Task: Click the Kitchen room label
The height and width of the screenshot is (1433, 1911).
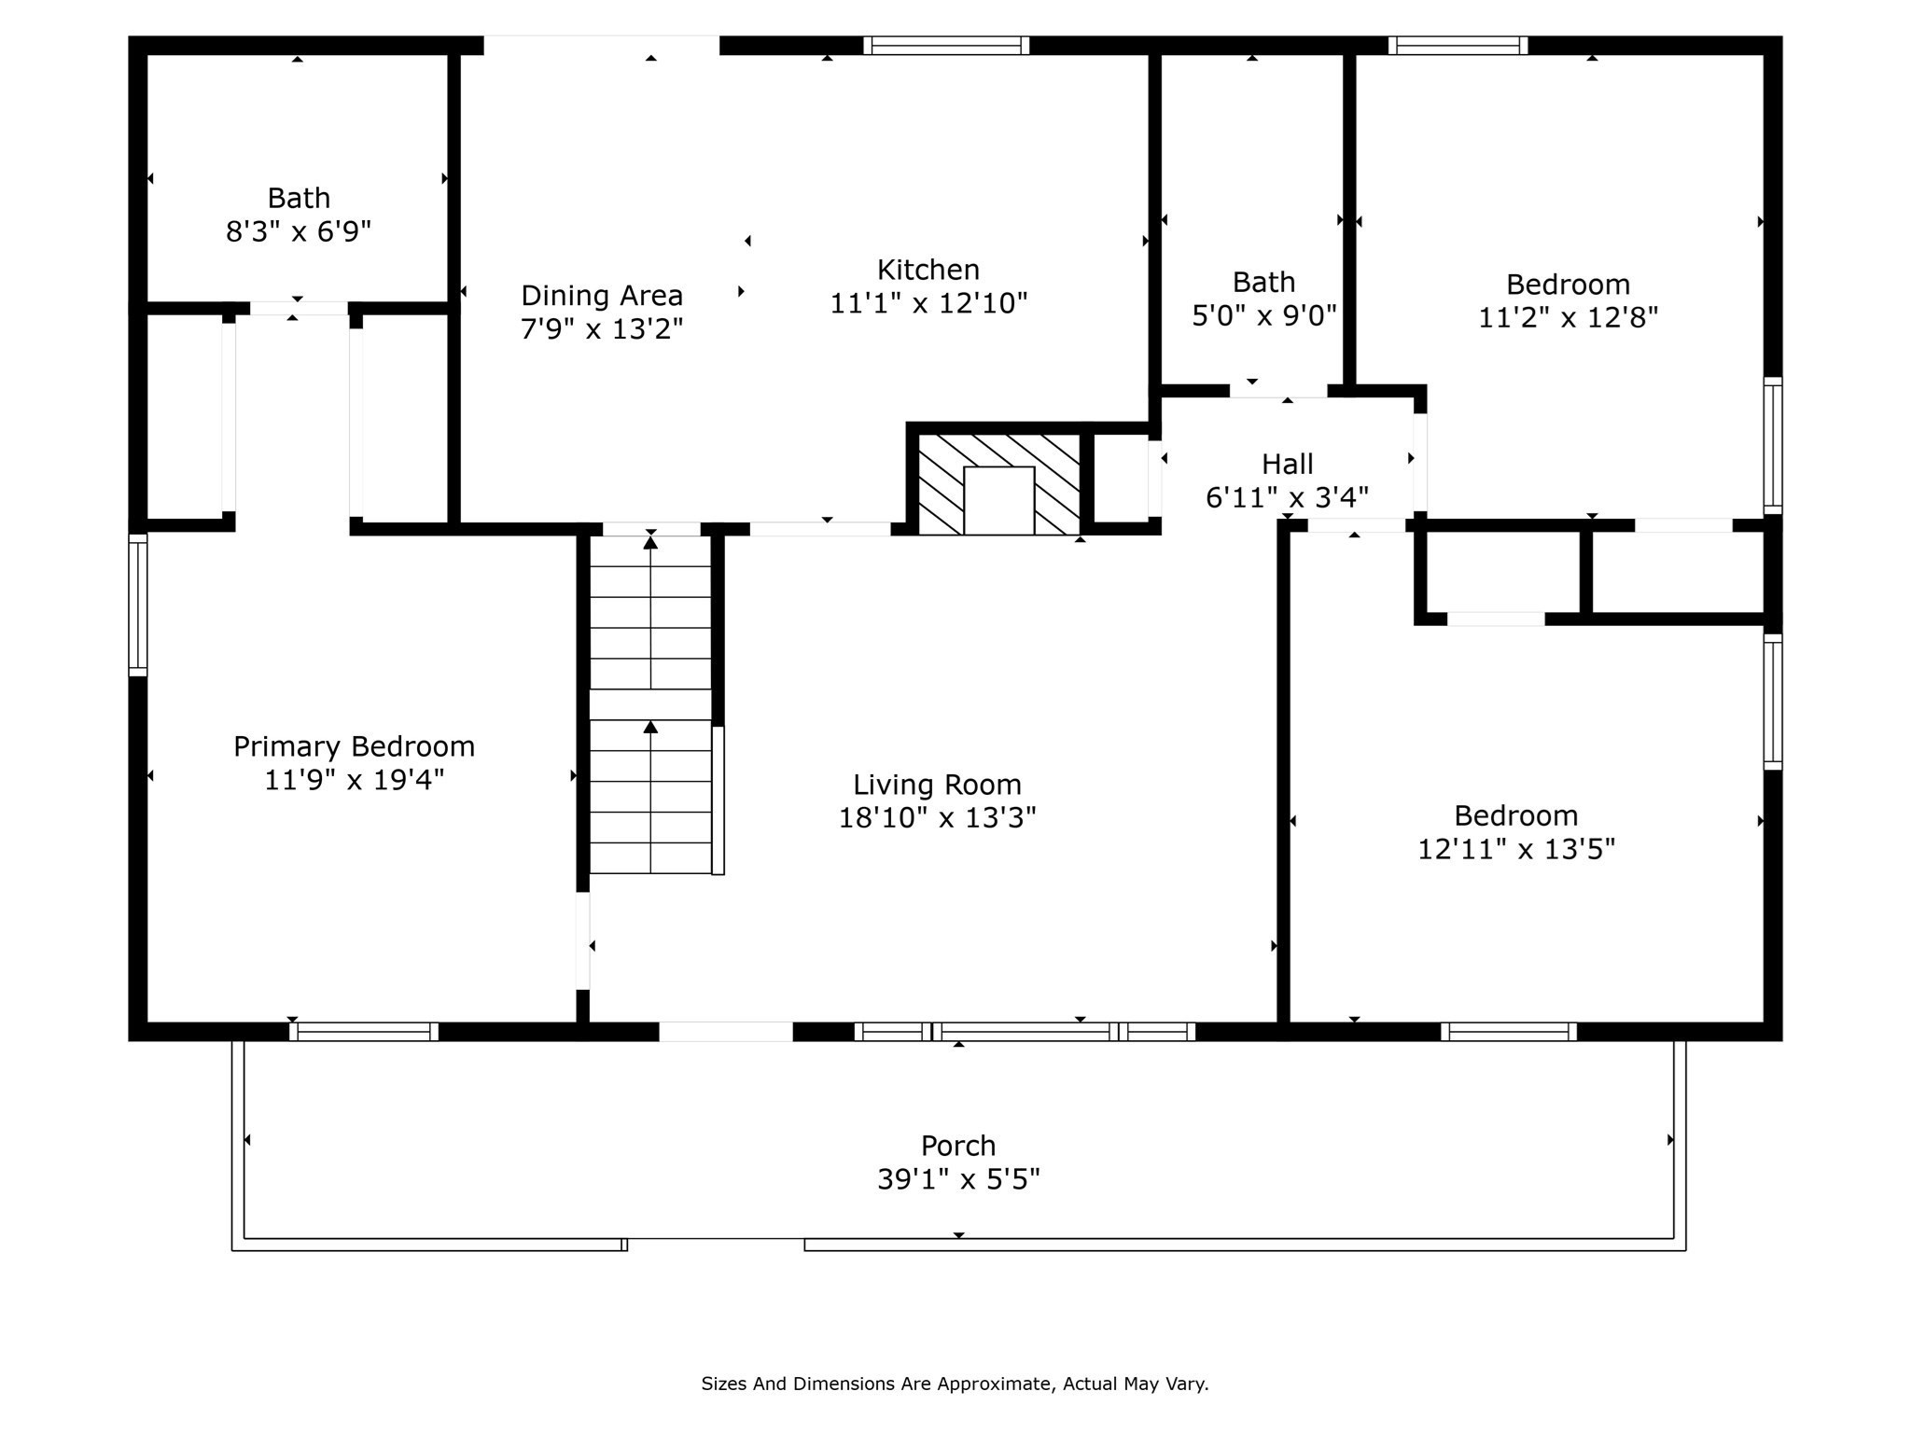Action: tap(928, 270)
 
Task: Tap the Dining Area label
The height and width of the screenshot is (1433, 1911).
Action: tap(602, 296)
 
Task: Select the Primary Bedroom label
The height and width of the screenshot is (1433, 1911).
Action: tap(354, 746)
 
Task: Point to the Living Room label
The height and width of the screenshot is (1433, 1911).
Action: tap(937, 786)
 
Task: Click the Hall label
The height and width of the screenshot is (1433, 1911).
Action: tap(1287, 464)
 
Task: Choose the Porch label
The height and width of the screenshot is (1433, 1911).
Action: tap(958, 1146)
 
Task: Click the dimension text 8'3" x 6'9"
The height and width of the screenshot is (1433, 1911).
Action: tap(299, 230)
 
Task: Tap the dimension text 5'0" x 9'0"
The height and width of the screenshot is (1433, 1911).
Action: tap(1264, 315)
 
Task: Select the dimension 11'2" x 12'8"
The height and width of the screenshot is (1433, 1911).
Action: tap(1568, 318)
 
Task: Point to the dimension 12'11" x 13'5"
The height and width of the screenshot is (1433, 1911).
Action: tap(1516, 849)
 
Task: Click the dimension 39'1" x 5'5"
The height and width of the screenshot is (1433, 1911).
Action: tap(958, 1180)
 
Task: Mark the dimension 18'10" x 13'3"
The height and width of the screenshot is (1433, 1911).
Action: tap(937, 818)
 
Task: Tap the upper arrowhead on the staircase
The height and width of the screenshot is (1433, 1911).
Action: tap(650, 542)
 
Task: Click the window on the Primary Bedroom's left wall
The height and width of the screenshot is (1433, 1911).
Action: tap(138, 605)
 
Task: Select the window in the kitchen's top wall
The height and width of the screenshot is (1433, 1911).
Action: tap(946, 45)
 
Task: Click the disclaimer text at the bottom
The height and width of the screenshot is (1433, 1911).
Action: tap(955, 1384)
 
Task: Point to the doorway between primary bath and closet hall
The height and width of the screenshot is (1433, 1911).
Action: tap(299, 308)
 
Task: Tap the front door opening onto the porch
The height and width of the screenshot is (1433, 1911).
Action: tap(726, 1031)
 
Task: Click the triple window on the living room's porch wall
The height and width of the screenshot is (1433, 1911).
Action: tap(1025, 1031)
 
